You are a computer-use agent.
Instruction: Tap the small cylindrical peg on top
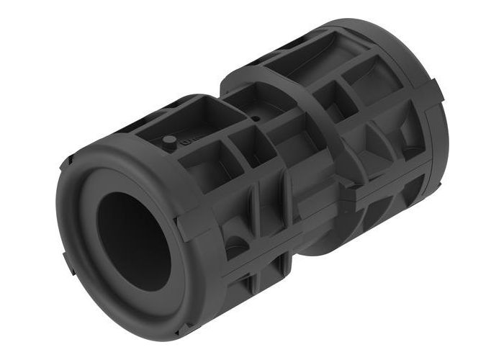point(168,140)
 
